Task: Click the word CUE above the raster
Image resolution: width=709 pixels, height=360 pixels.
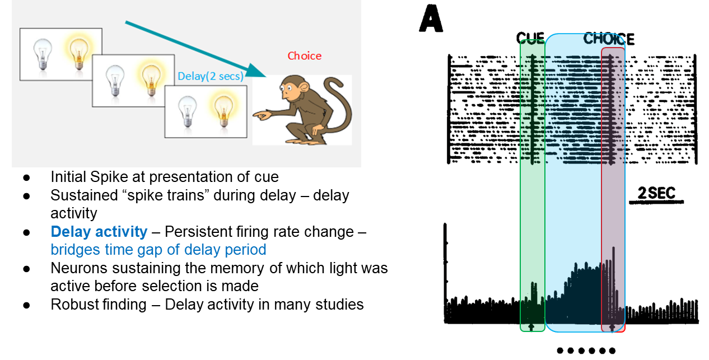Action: [x=530, y=39]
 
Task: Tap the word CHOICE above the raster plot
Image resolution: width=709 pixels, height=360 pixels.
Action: [x=609, y=39]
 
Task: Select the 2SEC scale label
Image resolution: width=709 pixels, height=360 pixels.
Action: [x=657, y=194]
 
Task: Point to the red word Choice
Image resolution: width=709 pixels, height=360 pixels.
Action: [x=305, y=56]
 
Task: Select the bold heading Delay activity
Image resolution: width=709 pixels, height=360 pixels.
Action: [x=99, y=232]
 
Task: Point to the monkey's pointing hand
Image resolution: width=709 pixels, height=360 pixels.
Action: [x=259, y=115]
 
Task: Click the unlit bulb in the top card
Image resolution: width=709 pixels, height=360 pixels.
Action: [x=43, y=54]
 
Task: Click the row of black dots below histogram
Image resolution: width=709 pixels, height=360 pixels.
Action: [x=586, y=351]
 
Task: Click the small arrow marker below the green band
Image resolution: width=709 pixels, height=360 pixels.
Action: [x=531, y=326]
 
